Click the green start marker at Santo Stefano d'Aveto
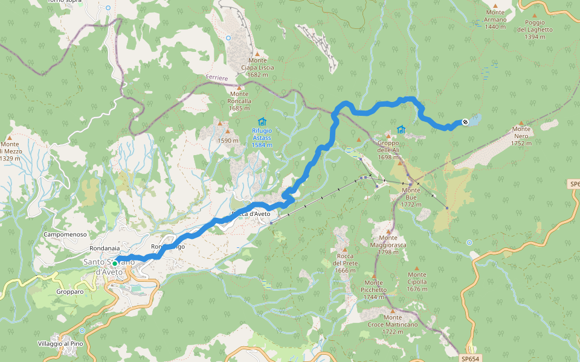(114, 263)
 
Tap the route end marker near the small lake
(465, 122)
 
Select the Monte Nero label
(521, 136)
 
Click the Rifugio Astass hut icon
(262, 122)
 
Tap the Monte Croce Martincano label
(392, 325)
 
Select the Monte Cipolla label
(417, 285)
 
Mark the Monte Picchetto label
(374, 290)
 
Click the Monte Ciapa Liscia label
(257, 68)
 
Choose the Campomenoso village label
(66, 234)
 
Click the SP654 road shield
(471, 358)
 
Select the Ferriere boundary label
(217, 78)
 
